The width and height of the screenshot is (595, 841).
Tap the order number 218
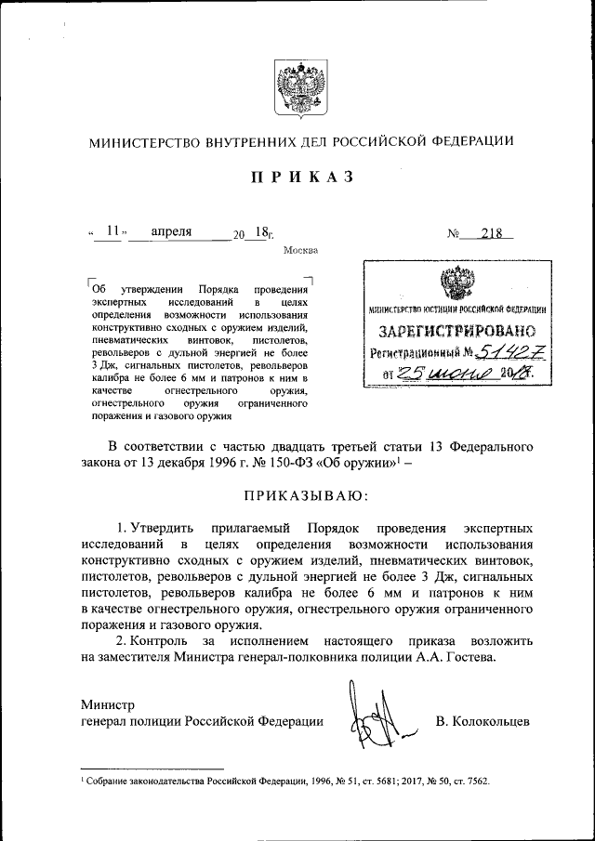(x=492, y=233)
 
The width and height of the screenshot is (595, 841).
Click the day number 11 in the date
(x=113, y=232)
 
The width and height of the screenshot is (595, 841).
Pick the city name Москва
(x=299, y=250)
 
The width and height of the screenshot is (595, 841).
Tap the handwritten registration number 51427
(x=509, y=351)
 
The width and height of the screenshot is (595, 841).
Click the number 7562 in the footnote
(x=472, y=782)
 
